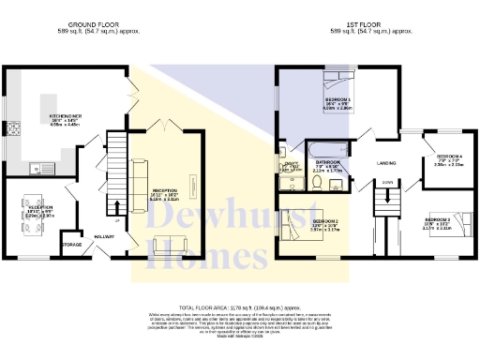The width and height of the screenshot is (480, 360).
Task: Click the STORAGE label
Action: pos(71,245)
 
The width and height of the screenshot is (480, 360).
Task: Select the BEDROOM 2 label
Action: pos(325,221)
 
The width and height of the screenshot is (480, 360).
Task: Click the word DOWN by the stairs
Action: pos(386,182)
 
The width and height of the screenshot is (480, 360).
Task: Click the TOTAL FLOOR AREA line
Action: pos(239,306)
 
